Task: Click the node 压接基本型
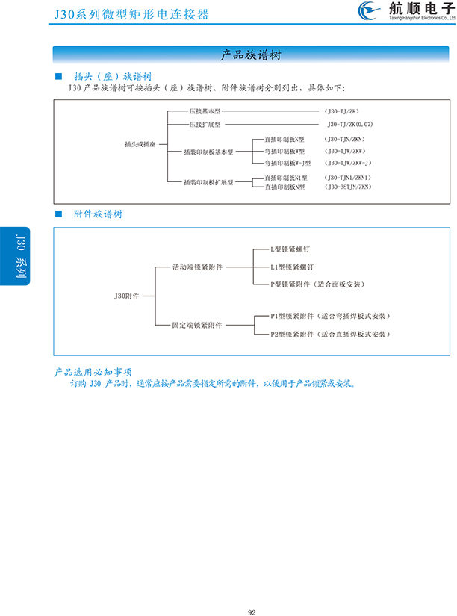205,111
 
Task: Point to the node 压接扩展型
205,125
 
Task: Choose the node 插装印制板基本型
208,151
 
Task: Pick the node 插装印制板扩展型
208,182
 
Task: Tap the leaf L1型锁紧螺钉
291,267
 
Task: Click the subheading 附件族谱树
99,214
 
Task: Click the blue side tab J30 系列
20,256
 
